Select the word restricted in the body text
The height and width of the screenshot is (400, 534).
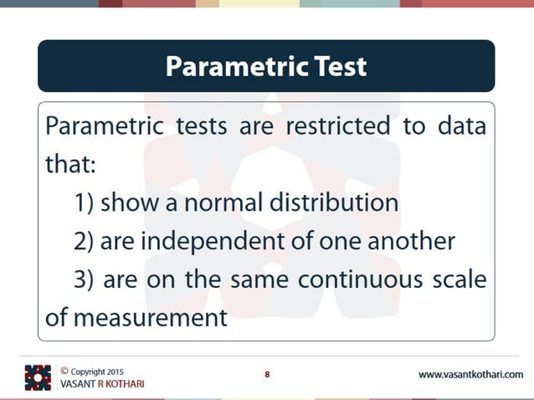tap(337, 127)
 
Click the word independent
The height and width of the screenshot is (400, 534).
tap(202, 242)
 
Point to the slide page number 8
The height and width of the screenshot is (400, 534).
tap(267, 374)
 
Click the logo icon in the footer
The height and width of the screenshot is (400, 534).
tap(38, 377)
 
